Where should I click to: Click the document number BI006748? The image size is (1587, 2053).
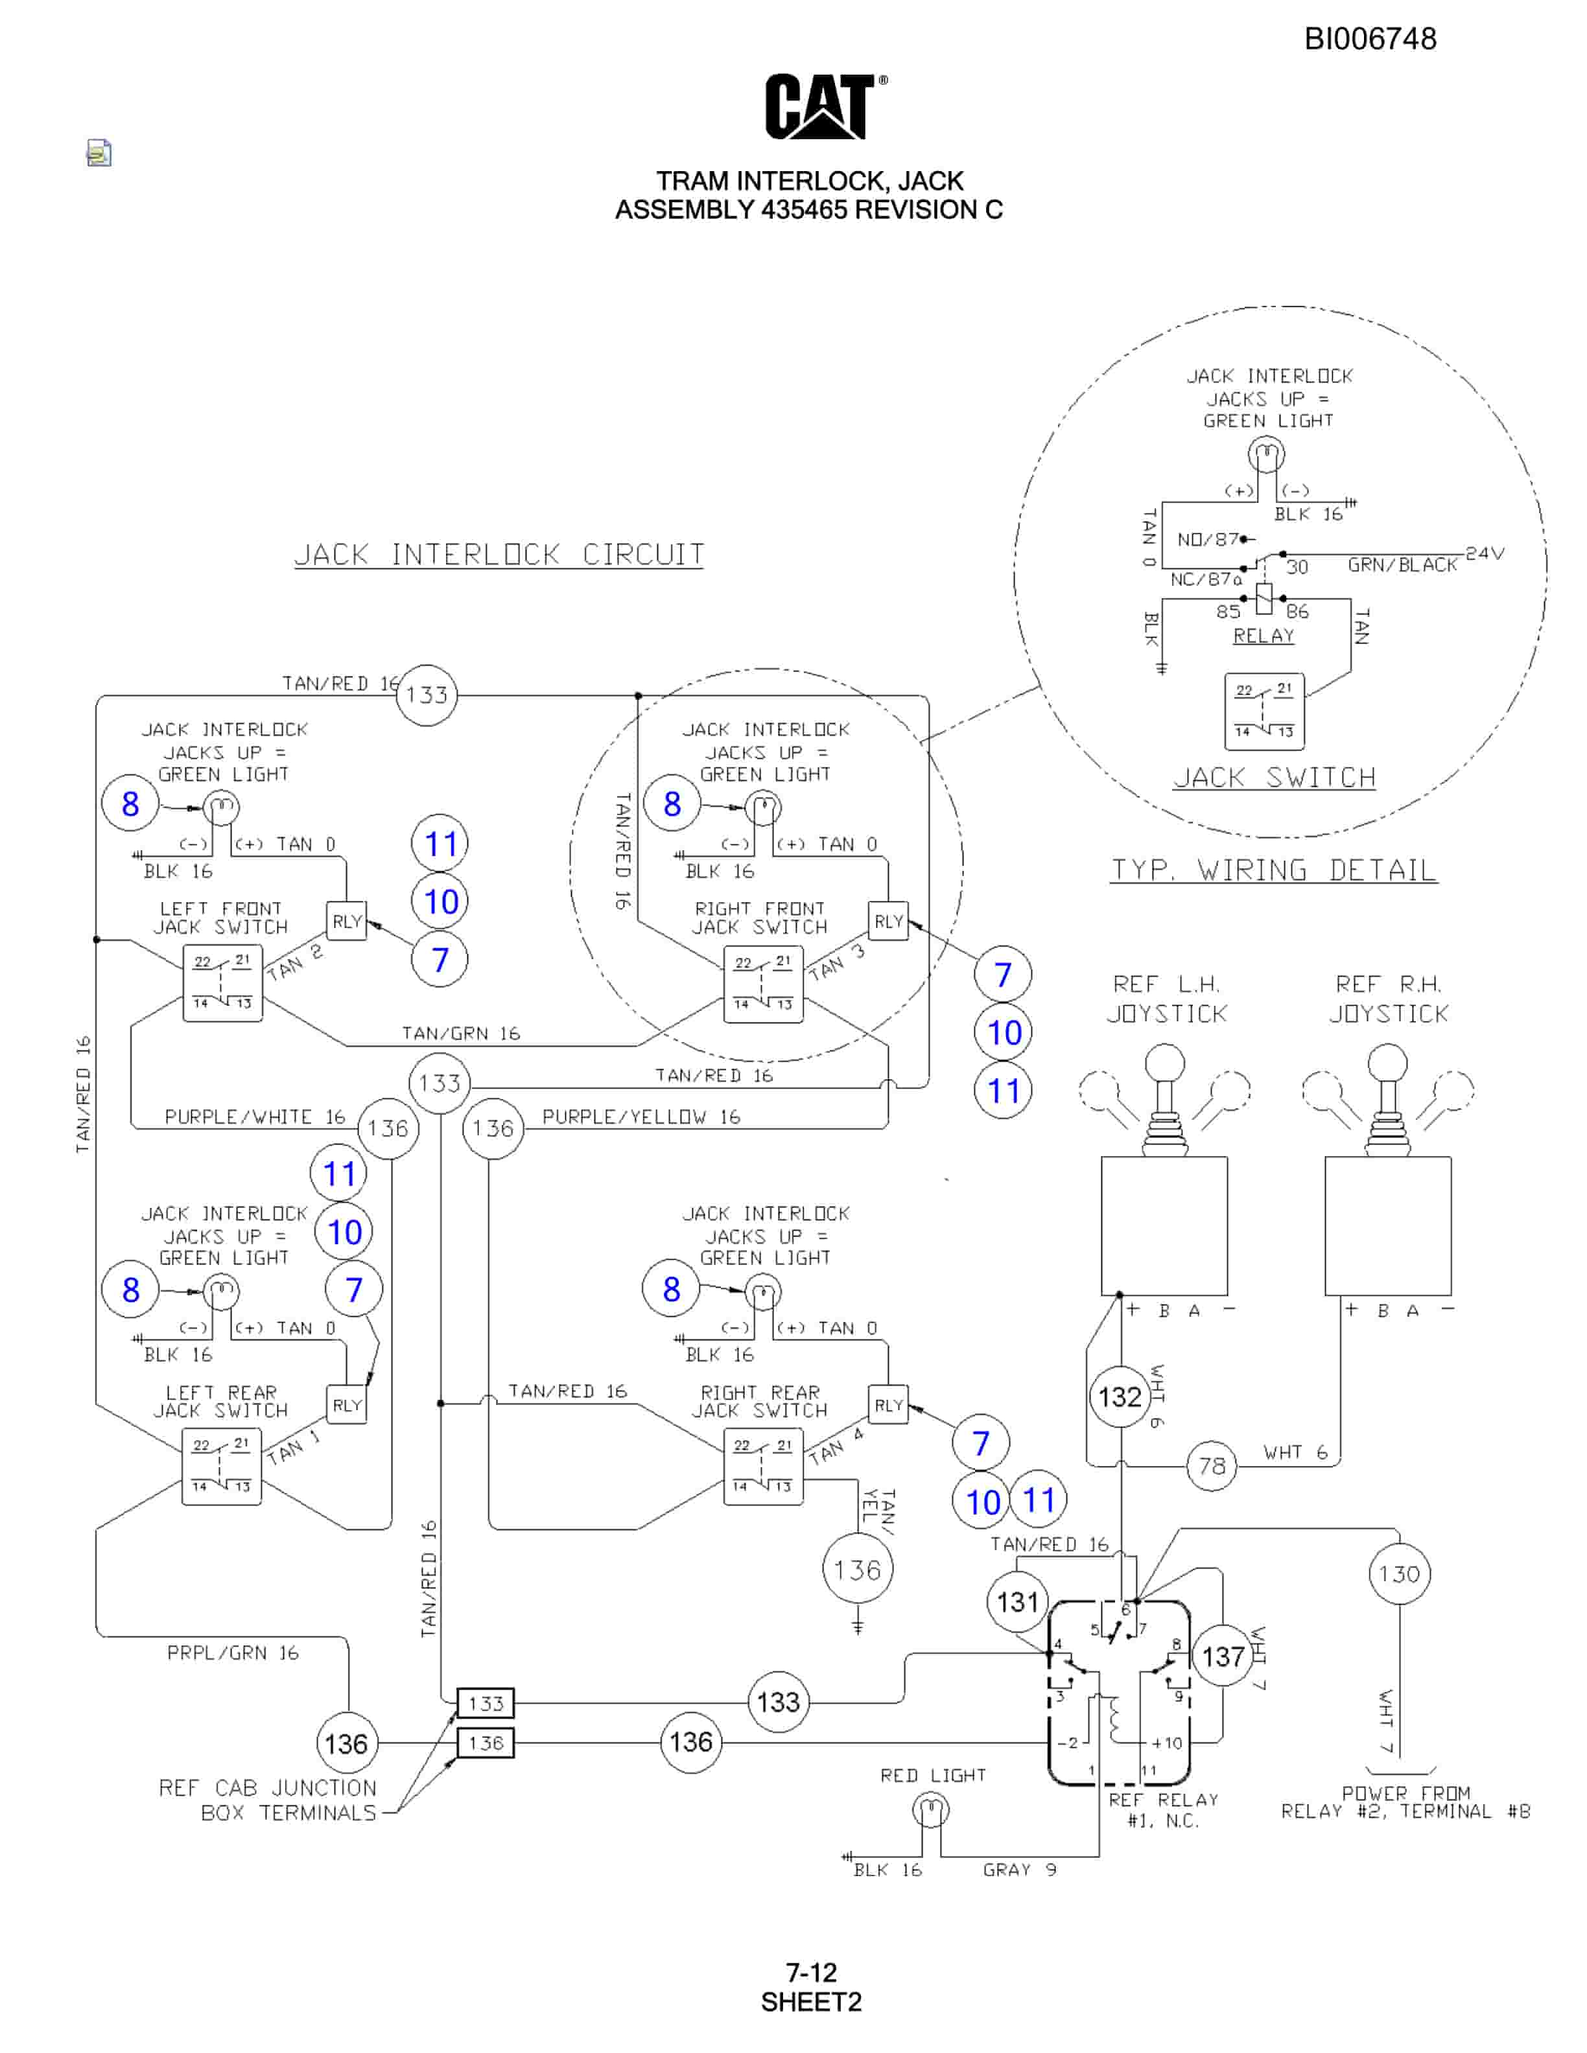pyautogui.click(x=1370, y=38)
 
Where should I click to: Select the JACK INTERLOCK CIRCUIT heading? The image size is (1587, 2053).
pyautogui.click(x=499, y=555)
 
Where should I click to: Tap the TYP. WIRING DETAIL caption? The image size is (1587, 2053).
pyautogui.click(x=1274, y=870)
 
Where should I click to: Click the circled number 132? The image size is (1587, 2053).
pyautogui.click(x=1120, y=1397)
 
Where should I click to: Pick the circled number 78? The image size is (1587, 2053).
pyautogui.click(x=1212, y=1465)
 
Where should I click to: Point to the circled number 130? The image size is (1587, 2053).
pyautogui.click(x=1399, y=1573)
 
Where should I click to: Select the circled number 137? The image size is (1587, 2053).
pyautogui.click(x=1222, y=1656)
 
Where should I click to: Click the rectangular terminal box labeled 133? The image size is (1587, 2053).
pyautogui.click(x=485, y=1702)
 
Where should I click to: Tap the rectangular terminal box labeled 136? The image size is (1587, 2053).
pyautogui.click(x=485, y=1743)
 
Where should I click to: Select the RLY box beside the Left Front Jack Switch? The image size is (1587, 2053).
pyautogui.click(x=347, y=922)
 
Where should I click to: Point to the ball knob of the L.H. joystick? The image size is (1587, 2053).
pyautogui.click(x=1165, y=1064)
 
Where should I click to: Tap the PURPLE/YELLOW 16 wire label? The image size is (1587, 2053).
pyautogui.click(x=641, y=1117)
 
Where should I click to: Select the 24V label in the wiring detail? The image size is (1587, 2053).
pyautogui.click(x=1485, y=553)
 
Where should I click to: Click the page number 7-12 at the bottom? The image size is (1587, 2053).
pyautogui.click(x=812, y=1972)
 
